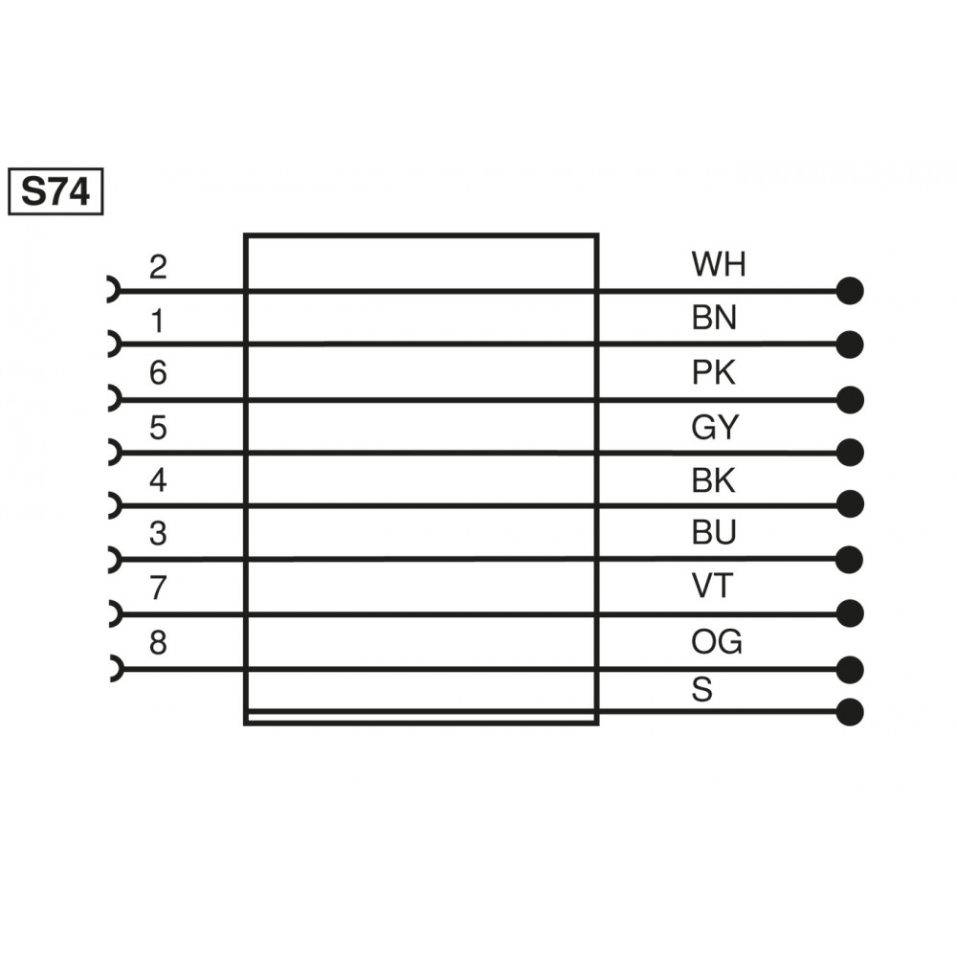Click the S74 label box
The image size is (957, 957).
pos(55,191)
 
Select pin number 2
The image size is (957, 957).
pos(158,267)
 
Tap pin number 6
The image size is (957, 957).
pos(158,373)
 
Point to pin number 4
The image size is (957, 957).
pos(158,479)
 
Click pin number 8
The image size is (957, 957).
pos(158,643)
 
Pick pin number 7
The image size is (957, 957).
pos(158,588)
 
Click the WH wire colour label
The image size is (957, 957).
pos(718,264)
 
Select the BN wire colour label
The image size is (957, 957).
pos(714,318)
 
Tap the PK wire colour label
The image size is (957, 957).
pos(713,372)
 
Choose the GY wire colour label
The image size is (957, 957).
pos(715,427)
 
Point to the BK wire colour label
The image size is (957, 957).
pos(713,480)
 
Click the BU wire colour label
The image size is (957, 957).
pos(714,533)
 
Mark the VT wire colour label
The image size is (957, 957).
pos(711,586)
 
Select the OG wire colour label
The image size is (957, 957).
pos(717,642)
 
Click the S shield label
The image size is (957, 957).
pos(701,690)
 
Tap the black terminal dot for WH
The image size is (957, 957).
pos(850,290)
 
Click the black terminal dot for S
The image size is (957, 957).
pos(850,712)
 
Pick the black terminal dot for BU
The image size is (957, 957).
pos(850,558)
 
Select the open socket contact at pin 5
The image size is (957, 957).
pos(112,451)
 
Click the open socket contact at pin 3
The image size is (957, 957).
pos(112,558)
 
